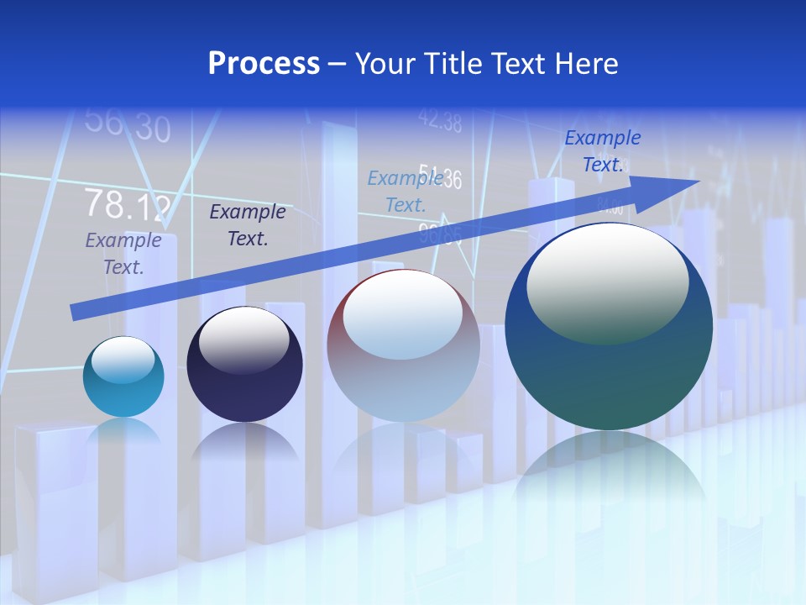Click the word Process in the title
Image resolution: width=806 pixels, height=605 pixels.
pyautogui.click(x=264, y=64)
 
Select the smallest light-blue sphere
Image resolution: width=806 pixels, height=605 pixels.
pyautogui.click(x=123, y=376)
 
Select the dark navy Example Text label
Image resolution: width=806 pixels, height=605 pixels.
pyautogui.click(x=248, y=225)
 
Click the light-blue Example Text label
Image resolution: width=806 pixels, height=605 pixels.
pyautogui.click(x=406, y=192)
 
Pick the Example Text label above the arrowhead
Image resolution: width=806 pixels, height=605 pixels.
pyautogui.click(x=603, y=151)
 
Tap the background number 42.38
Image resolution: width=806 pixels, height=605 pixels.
pyautogui.click(x=439, y=122)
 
